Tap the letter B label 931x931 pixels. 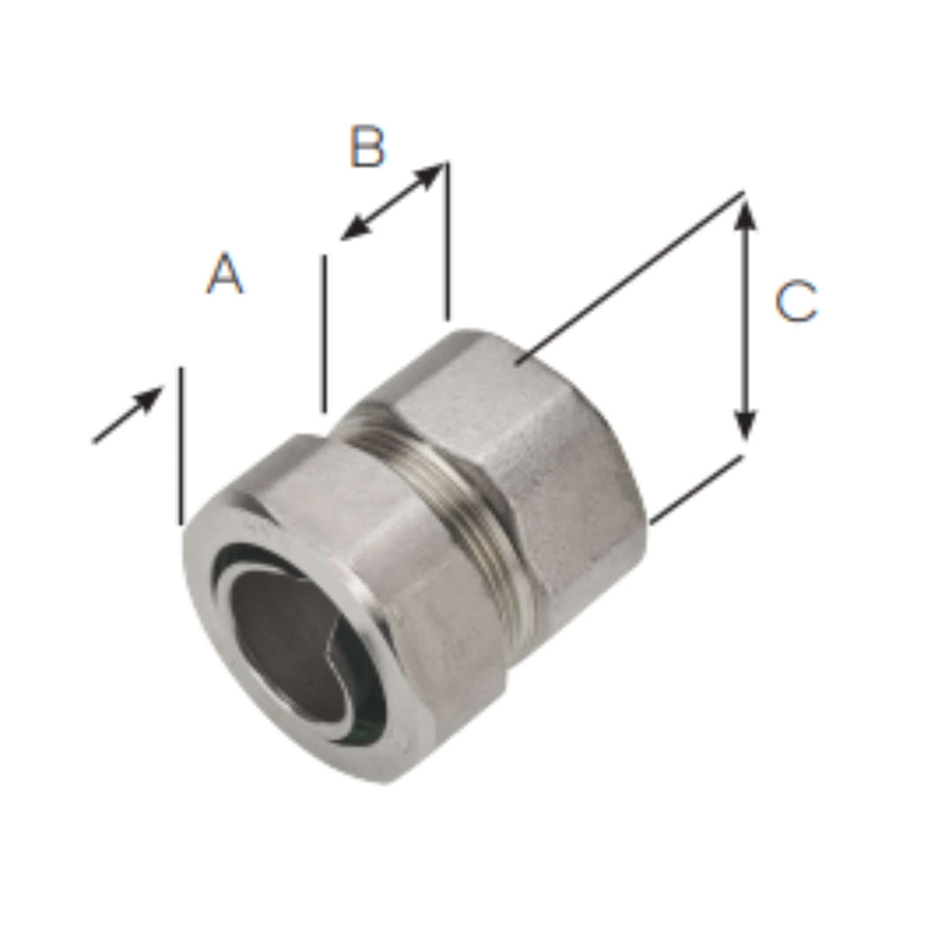click(367, 148)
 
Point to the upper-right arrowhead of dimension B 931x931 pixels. click(434, 172)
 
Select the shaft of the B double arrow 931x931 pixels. click(393, 201)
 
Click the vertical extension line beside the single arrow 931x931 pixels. click(182, 445)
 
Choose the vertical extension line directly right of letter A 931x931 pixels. click(325, 334)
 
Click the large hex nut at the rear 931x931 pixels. click(552, 460)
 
